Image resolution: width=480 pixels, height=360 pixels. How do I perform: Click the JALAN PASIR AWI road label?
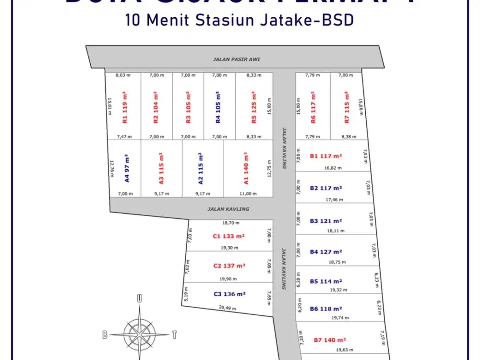233,60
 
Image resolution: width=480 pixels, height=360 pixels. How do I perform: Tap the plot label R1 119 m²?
124,107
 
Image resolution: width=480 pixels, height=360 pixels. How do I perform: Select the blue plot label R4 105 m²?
218,107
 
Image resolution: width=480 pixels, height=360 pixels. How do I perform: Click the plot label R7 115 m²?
347,107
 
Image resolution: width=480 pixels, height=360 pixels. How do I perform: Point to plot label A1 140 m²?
246,168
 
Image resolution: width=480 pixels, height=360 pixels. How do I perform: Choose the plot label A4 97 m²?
127,168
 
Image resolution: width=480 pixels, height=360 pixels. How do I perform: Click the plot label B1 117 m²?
326,156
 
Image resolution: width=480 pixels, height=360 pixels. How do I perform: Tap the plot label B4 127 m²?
326,252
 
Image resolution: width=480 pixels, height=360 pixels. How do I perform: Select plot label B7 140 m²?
330,340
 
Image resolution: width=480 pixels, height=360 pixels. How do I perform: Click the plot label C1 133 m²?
229,236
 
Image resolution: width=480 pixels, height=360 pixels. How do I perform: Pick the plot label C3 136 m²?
229,294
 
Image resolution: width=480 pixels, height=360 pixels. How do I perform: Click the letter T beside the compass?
175,335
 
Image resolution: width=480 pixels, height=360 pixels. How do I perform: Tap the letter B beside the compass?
104,335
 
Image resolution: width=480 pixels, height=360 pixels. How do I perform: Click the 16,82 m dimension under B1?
333,168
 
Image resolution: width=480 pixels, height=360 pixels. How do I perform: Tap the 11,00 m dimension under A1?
248,194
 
